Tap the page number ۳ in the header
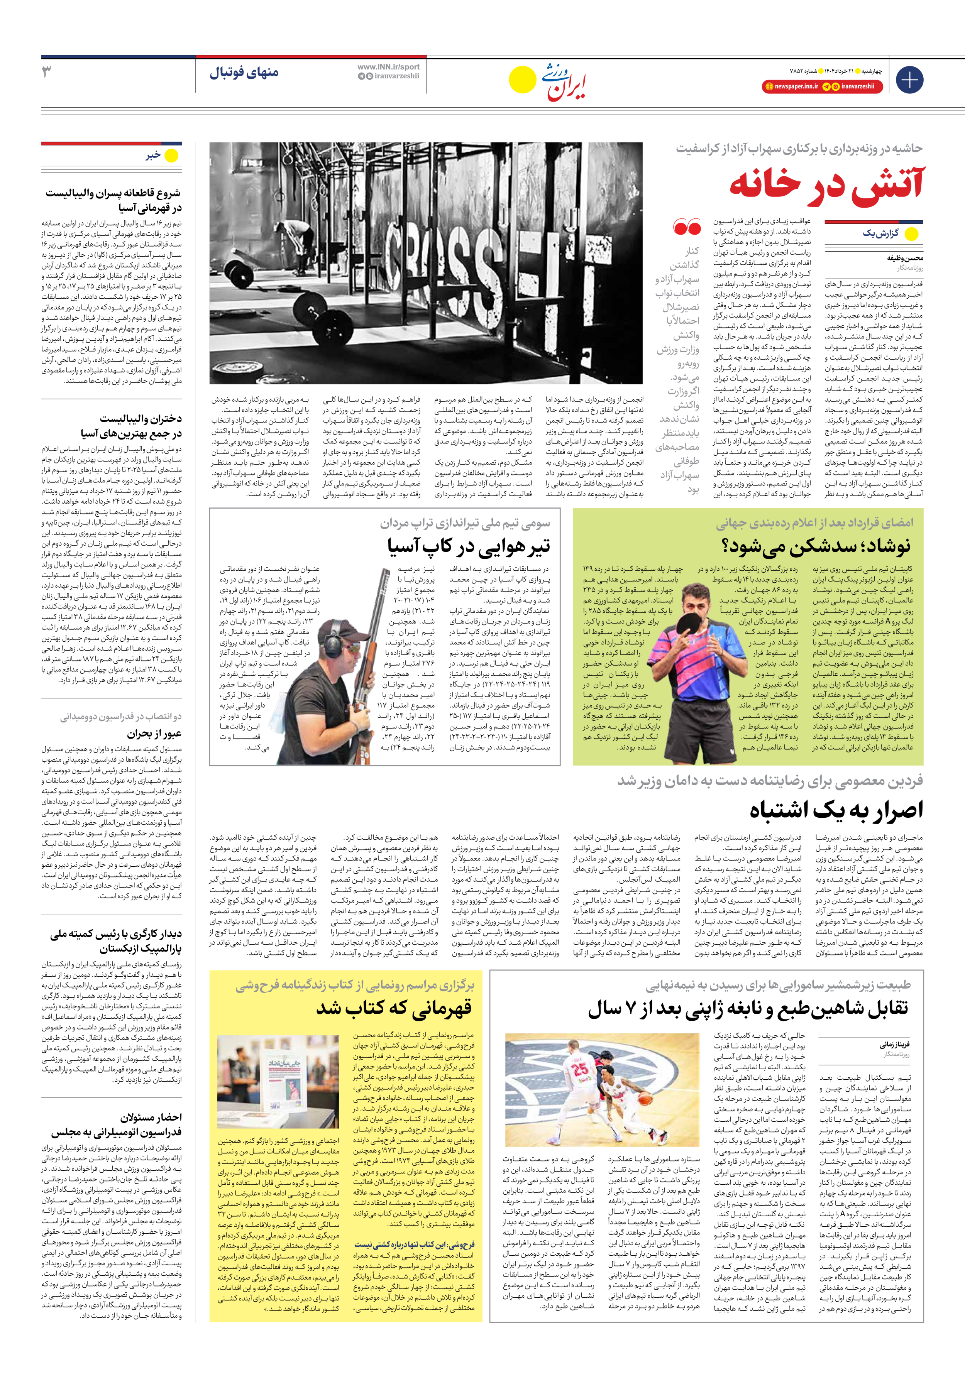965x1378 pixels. point(47,72)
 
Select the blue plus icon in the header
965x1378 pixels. point(909,79)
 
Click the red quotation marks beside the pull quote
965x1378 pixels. point(687,227)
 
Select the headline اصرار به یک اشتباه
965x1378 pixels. point(836,810)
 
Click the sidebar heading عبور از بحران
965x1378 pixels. point(154,734)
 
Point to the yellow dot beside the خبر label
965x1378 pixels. point(172,156)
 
